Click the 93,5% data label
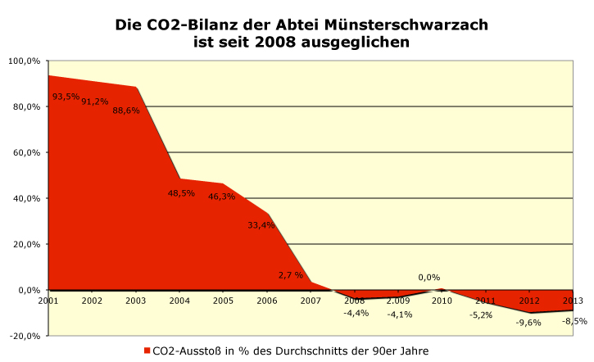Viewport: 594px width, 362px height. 66,97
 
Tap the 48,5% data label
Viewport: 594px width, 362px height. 180,193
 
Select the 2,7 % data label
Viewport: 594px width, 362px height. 291,275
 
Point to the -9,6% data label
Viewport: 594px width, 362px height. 529,323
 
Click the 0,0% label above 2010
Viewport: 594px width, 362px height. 429,278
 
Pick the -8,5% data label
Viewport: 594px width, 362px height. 575,321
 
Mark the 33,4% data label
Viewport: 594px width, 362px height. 261,225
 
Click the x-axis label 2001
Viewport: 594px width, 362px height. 48,301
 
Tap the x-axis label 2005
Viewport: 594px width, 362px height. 223,301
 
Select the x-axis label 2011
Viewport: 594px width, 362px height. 486,301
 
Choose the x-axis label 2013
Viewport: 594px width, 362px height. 574,301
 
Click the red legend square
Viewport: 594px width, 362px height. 147,351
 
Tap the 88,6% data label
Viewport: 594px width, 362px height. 126,111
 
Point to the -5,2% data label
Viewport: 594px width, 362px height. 481,314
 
